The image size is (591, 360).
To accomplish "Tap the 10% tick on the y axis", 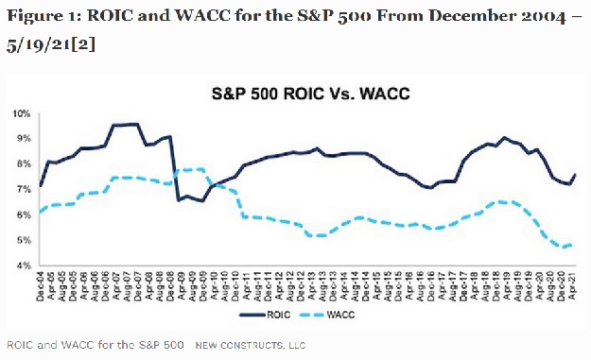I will [x=20, y=113].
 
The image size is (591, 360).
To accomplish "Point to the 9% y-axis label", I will [x=22, y=139].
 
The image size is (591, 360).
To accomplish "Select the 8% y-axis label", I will [x=22, y=164].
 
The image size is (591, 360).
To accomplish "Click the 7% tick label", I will [x=22, y=190].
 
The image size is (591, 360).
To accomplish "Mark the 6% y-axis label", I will [x=22, y=214].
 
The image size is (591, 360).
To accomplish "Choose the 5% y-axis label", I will [x=22, y=240].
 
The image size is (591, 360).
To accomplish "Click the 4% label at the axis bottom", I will [x=22, y=266].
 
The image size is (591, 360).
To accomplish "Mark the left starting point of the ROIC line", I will [x=40, y=186].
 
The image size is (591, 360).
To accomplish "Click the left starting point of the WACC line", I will [x=40, y=212].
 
